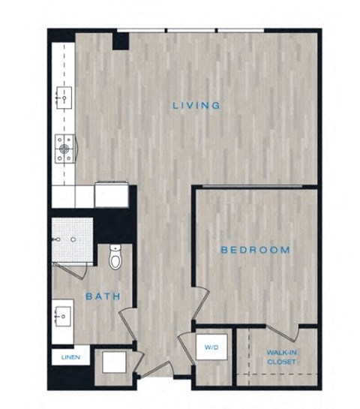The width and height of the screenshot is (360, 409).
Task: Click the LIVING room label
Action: click(x=196, y=106)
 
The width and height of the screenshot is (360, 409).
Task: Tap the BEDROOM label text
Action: click(x=254, y=250)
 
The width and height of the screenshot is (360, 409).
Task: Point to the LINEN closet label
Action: click(x=65, y=358)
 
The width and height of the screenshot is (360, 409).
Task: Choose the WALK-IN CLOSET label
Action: click(x=279, y=356)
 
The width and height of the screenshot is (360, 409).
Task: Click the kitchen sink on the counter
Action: click(x=63, y=97)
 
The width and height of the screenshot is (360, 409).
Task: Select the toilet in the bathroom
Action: click(x=115, y=257)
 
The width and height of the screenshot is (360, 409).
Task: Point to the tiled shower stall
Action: click(x=72, y=239)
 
